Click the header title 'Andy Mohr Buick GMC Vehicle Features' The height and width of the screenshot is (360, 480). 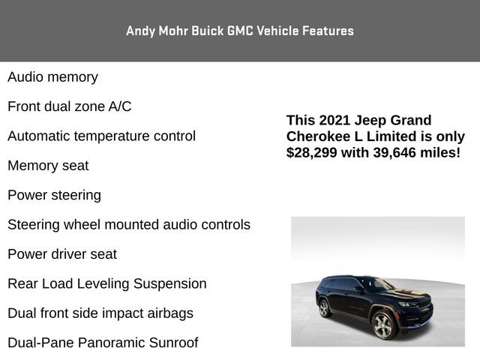pos(240,31)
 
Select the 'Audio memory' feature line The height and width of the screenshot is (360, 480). pos(52,77)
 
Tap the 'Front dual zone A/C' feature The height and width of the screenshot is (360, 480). pos(69,106)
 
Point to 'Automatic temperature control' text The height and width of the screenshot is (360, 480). pos(101,136)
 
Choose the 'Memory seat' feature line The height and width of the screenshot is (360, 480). pos(48,166)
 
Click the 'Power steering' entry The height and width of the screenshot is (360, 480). pos(54,196)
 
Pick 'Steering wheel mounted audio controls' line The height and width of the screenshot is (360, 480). pos(129,225)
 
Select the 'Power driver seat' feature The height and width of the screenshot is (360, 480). pos(62,254)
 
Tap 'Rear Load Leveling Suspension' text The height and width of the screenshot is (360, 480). pos(106,284)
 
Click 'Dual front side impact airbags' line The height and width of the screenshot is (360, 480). pos(100,313)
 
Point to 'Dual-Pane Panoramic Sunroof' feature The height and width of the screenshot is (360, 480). pos(103,343)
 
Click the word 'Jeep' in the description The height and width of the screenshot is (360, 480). pos(371,121)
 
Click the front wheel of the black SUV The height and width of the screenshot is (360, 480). pos(382,325)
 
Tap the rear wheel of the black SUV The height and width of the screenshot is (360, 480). pos(325,308)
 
